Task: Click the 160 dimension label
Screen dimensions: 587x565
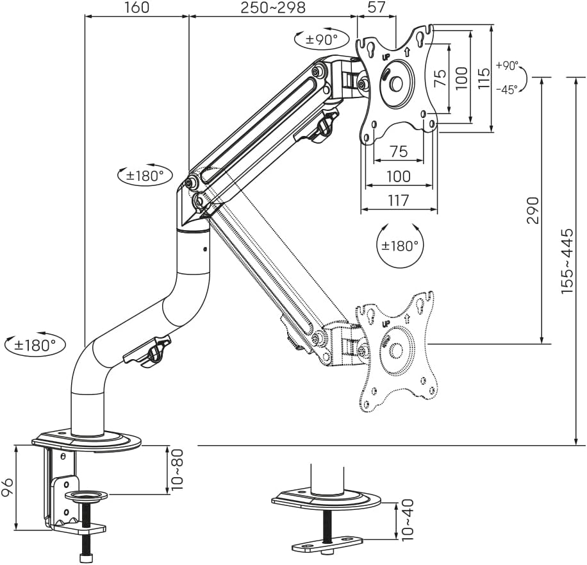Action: [x=136, y=8]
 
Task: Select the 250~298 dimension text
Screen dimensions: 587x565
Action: [x=273, y=8]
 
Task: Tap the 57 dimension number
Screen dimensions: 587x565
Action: [x=376, y=7]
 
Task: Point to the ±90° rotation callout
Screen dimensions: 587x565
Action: [x=322, y=39]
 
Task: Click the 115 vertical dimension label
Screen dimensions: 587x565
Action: [x=484, y=78]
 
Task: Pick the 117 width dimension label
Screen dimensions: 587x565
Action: [x=399, y=201]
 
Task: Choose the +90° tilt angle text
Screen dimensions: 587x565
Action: [x=507, y=65]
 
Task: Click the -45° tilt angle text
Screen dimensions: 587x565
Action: [x=507, y=90]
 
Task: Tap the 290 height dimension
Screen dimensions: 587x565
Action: [x=533, y=210]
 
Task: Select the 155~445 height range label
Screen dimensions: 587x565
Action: [x=566, y=261]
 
